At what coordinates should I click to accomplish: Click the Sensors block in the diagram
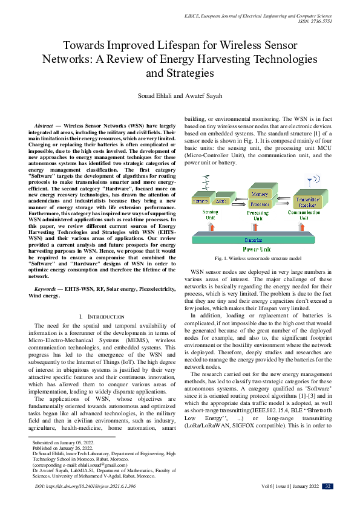coord(200,200)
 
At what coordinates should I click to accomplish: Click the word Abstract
coord(47,123)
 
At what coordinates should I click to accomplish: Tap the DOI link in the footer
coord(73,486)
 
